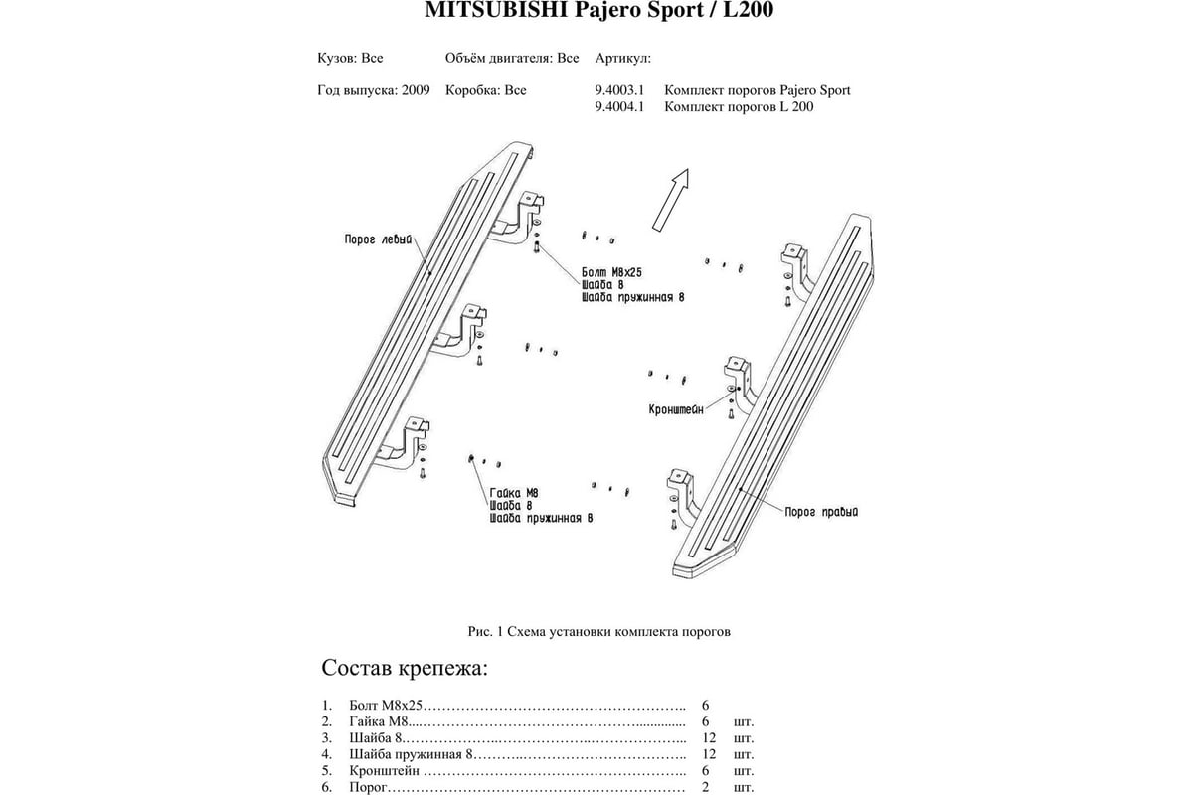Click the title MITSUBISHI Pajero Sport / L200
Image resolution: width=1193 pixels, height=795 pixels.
pyautogui.click(x=598, y=10)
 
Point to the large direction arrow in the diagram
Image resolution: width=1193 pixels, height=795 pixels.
pyautogui.click(x=671, y=200)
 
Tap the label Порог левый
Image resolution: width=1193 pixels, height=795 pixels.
pyautogui.click(x=378, y=239)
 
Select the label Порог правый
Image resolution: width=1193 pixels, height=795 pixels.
pyautogui.click(x=821, y=512)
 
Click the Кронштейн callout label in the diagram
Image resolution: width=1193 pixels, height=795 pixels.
pyautogui.click(x=676, y=409)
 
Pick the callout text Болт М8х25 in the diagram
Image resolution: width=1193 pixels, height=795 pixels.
pyautogui.click(x=611, y=272)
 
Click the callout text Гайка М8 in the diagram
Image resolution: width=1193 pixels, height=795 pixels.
pyautogui.click(x=514, y=493)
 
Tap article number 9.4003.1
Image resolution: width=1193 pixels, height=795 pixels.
pyautogui.click(x=619, y=90)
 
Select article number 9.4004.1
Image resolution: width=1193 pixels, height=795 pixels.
pyautogui.click(x=619, y=107)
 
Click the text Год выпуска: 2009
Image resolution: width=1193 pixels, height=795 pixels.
pyautogui.click(x=374, y=90)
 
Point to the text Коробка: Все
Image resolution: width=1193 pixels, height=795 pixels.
pyautogui.click(x=486, y=90)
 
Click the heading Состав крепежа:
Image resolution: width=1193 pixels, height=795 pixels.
pyautogui.click(x=405, y=668)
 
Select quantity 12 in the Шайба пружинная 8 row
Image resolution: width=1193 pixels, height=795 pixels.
pyautogui.click(x=709, y=754)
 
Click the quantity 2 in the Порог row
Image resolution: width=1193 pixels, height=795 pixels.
pyautogui.click(x=705, y=787)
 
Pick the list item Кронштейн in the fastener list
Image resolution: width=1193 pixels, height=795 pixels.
pyautogui.click(x=384, y=771)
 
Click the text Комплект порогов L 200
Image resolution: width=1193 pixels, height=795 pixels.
pyautogui.click(x=739, y=107)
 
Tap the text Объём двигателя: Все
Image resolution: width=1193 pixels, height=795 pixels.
pyautogui.click(x=512, y=58)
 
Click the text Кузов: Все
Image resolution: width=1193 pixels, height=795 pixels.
pyautogui.click(x=350, y=58)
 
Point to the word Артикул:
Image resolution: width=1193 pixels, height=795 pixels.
pyautogui.click(x=623, y=58)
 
